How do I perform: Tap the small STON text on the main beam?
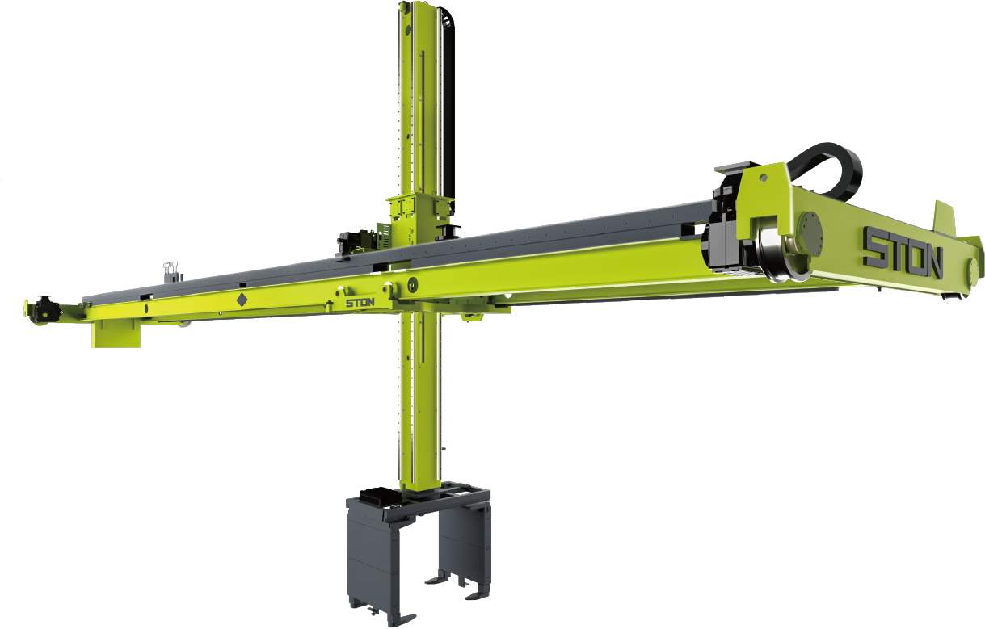(x=360, y=303)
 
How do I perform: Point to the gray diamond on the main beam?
(x=242, y=300)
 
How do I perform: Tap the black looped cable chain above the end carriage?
(x=827, y=171)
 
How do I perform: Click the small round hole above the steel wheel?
(x=764, y=178)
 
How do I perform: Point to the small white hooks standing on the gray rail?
(x=170, y=268)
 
